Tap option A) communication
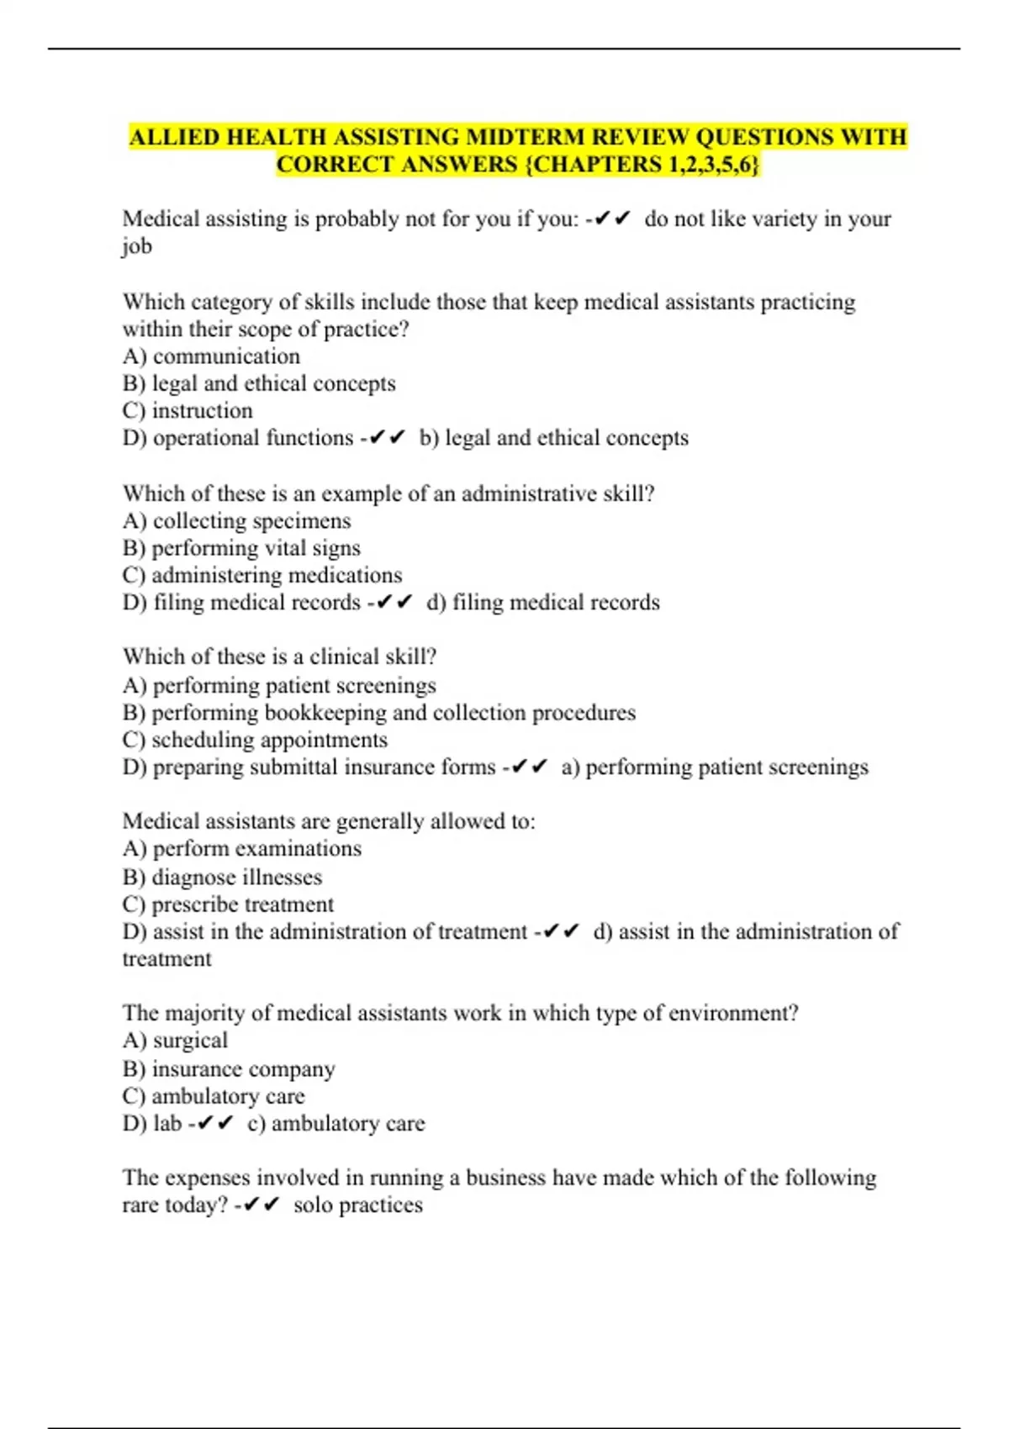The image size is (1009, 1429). point(211,356)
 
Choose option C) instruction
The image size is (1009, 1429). point(188,411)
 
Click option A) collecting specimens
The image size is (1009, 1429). point(236,521)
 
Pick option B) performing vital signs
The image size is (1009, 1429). point(241,548)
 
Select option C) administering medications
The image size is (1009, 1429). point(262,576)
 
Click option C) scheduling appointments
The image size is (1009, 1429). point(255,741)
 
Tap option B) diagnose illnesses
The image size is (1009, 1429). point(222,878)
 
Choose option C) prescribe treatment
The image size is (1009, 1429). point(228,905)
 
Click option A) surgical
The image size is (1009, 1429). point(175,1041)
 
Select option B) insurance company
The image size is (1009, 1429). point(229,1069)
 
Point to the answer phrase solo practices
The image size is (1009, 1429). point(358,1205)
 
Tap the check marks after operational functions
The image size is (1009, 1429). point(388,438)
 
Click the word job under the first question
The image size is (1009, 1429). point(137,247)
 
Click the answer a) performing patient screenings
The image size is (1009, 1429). point(715,767)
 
